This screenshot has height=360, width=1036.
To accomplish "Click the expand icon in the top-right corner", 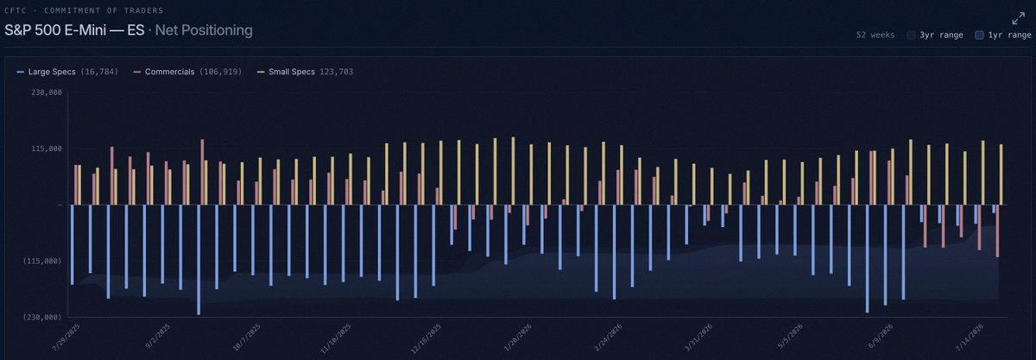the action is (1018, 18).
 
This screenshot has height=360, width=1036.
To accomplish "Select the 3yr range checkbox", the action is (911, 35).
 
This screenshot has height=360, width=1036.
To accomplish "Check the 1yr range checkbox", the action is (979, 35).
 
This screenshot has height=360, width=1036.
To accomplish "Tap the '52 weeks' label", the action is (875, 35).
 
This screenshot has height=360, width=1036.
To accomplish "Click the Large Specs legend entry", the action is (67, 72).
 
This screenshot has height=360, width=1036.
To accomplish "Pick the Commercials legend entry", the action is (187, 72).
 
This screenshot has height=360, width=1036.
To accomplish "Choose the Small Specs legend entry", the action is (305, 72).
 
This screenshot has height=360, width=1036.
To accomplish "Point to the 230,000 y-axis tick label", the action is (47, 92).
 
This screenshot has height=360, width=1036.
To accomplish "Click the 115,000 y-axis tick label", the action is (47, 148).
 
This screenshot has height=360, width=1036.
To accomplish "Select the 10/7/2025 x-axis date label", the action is (247, 338).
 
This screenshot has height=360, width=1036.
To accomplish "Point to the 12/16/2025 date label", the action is (426, 338).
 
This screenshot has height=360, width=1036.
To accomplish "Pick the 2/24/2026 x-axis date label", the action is (609, 338).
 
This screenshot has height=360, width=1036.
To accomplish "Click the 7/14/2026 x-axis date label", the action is (969, 338).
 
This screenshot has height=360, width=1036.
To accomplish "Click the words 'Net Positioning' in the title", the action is (204, 30).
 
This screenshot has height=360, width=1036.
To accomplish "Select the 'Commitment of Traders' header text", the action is (104, 10).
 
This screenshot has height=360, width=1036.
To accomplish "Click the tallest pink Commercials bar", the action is (202, 172).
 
